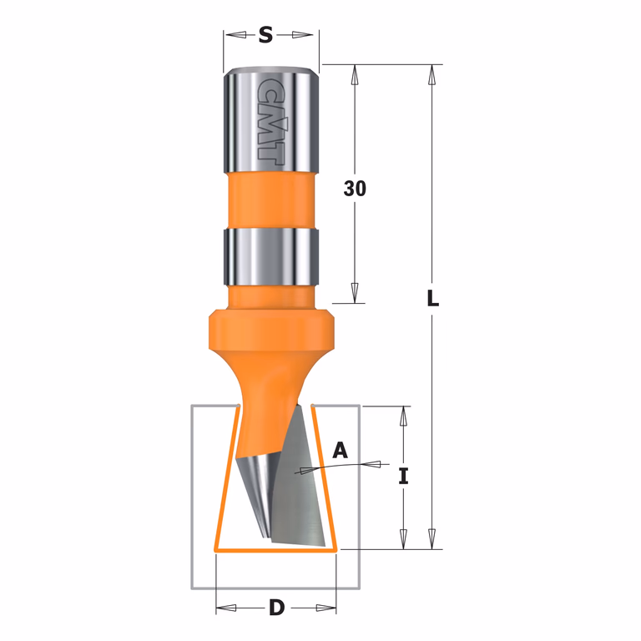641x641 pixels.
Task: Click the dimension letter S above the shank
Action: click(265, 35)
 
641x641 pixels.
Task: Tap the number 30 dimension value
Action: click(355, 189)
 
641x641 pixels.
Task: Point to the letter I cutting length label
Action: click(403, 477)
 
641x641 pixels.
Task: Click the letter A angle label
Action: click(341, 450)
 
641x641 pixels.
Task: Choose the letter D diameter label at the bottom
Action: click(277, 608)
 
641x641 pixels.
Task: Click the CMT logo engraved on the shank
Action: click(270, 119)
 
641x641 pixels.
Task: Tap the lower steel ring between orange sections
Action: click(271, 256)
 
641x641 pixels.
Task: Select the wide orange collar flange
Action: click(271, 331)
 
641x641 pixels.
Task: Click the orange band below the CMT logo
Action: click(271, 200)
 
